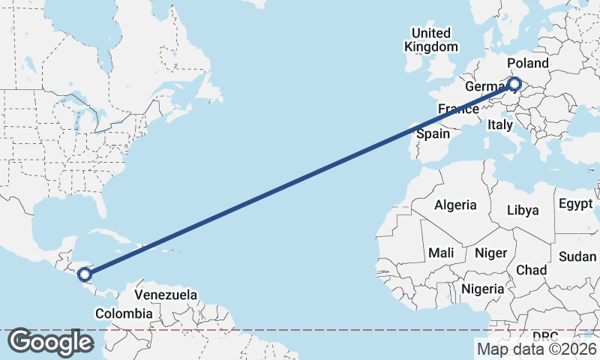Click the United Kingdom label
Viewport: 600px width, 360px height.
430,40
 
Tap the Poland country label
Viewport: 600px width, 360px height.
527,63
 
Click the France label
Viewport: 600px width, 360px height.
458,109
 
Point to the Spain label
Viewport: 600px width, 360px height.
432,134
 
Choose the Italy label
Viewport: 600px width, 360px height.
499,125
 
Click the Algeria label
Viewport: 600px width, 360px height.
455,205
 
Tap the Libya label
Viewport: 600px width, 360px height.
523,210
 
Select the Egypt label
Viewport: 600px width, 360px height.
575,204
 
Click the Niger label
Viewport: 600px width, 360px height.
490,253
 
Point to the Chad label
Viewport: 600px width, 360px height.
531,270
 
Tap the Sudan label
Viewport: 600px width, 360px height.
577,256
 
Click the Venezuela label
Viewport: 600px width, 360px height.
166,295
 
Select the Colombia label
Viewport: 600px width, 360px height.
127,313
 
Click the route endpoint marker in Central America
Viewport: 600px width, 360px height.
85,274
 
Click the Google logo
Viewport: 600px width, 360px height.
50,342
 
